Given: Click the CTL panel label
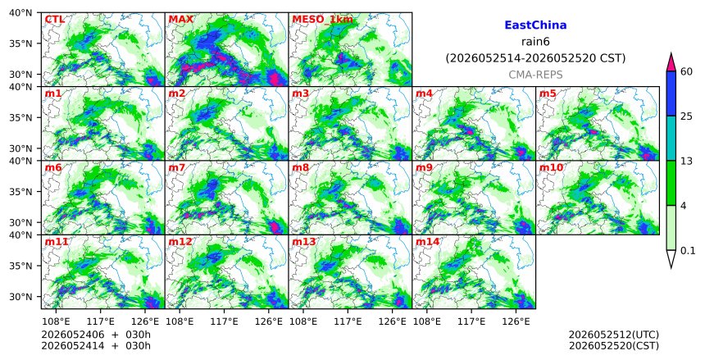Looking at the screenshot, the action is pyautogui.click(x=54, y=20).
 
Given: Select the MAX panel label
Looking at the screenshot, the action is pyautogui.click(x=180, y=20).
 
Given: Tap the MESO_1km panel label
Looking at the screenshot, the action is pyautogui.click(x=322, y=20).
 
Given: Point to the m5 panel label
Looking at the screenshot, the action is pyautogui.click(x=548, y=93).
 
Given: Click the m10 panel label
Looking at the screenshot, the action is pyautogui.click(x=551, y=168).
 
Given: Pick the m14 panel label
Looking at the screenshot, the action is pyautogui.click(x=427, y=242).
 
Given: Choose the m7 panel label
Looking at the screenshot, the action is pyautogui.click(x=177, y=168).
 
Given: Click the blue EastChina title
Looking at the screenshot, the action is pyautogui.click(x=535, y=25).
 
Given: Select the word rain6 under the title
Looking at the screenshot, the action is pyautogui.click(x=535, y=42).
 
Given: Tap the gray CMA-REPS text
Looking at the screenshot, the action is pyautogui.click(x=535, y=75).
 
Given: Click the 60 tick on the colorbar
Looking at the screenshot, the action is pyautogui.click(x=686, y=71).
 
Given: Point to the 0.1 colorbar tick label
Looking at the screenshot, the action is pyautogui.click(x=688, y=251).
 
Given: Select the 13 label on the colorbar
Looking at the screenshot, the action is pyautogui.click(x=686, y=161).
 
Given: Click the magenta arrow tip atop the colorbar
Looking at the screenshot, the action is pyautogui.click(x=671, y=53).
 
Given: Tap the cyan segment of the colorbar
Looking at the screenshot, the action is pyautogui.click(x=671, y=138).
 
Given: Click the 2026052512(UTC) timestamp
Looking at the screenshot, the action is pyautogui.click(x=614, y=335).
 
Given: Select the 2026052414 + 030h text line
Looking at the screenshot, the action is pyautogui.click(x=96, y=345).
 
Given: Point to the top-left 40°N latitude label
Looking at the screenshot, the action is pyautogui.click(x=20, y=13).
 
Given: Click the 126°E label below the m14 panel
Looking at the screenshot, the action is pyautogui.click(x=516, y=321).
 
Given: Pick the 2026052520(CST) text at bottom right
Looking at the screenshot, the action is pyautogui.click(x=614, y=345).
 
